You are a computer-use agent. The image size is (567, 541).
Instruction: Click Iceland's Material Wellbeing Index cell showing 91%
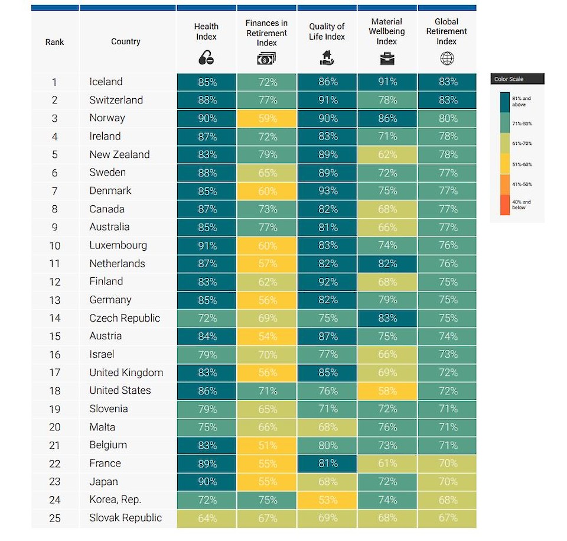point(387,82)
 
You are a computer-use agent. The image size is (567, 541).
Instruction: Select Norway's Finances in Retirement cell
point(267,118)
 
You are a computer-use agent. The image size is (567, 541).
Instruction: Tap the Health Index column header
point(206,31)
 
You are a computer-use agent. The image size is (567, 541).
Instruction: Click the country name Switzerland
point(116,100)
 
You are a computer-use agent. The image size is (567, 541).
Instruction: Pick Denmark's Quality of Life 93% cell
point(327,191)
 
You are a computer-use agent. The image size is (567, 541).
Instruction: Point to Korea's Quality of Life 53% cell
point(327,500)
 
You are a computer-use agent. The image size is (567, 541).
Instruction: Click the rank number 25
point(54,518)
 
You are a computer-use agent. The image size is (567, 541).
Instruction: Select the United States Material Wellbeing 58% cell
point(387,391)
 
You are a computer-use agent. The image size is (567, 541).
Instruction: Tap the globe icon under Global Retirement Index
point(447,58)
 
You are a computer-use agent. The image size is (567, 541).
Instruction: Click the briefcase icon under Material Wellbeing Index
point(387,58)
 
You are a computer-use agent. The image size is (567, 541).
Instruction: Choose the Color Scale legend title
point(509,79)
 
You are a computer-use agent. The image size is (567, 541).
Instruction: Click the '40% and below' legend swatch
point(505,205)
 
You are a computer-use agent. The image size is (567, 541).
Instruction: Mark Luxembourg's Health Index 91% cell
point(207,245)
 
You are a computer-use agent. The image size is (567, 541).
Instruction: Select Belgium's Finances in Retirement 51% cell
point(267,445)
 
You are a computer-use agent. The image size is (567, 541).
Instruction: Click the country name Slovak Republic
point(125,518)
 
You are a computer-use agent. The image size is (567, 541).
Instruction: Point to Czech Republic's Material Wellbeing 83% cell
point(387,318)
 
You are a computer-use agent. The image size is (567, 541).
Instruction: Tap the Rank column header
point(54,42)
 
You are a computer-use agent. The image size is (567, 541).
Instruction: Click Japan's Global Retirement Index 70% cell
point(447,481)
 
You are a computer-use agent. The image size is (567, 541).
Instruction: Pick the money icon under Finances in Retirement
point(266,58)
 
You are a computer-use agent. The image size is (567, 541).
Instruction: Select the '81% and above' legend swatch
point(505,102)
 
